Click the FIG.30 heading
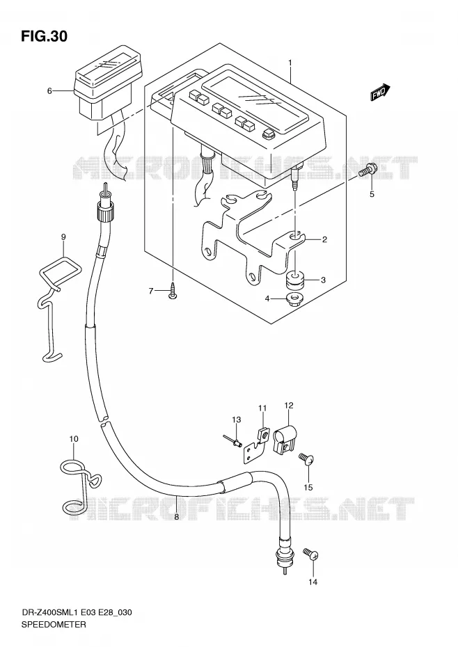44,37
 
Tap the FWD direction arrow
380,92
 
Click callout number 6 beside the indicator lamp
49,90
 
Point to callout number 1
290,63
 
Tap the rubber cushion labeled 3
295,279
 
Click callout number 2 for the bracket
324,239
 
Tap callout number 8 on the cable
176,517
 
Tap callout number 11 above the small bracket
262,408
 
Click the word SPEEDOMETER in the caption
54,624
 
